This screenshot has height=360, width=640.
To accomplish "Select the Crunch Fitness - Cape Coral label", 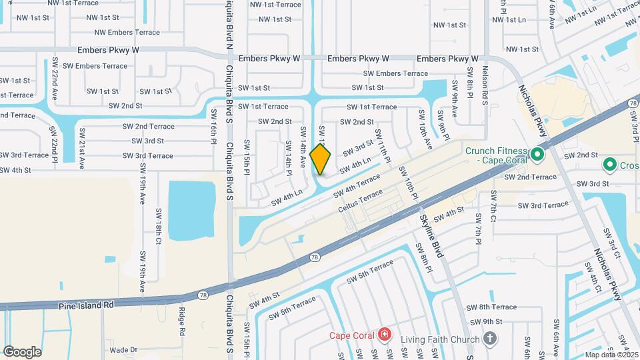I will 497,155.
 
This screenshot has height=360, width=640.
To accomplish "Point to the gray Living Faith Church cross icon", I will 491,339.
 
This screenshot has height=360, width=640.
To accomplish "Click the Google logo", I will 22,351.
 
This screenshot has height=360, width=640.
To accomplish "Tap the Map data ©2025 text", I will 611,355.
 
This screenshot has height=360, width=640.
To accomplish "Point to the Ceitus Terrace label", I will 361,199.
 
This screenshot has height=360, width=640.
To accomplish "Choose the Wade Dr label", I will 123,349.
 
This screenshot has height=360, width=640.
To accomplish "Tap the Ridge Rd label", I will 181,320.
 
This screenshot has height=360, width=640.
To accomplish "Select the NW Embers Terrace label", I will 127,32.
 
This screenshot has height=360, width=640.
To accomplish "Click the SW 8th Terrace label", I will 493,307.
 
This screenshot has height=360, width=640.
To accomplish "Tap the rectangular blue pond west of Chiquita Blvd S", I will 192,209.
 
